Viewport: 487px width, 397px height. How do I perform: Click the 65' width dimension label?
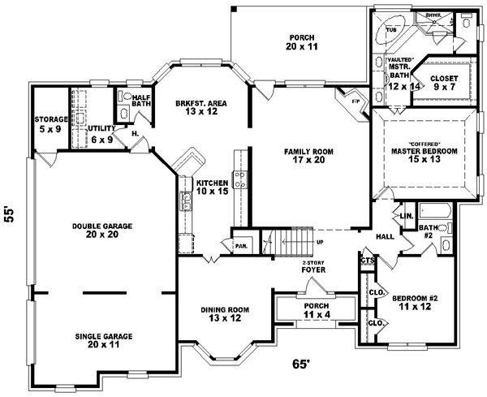click(x=300, y=365)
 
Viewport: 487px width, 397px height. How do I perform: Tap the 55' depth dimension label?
click(x=11, y=214)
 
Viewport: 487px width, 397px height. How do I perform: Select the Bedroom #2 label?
click(x=415, y=304)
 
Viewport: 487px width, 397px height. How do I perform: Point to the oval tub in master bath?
click(x=391, y=29)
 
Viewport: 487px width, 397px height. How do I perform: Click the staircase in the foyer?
click(x=289, y=242)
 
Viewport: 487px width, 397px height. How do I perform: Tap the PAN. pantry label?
click(x=241, y=244)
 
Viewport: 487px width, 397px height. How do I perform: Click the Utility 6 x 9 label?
click(x=100, y=134)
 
